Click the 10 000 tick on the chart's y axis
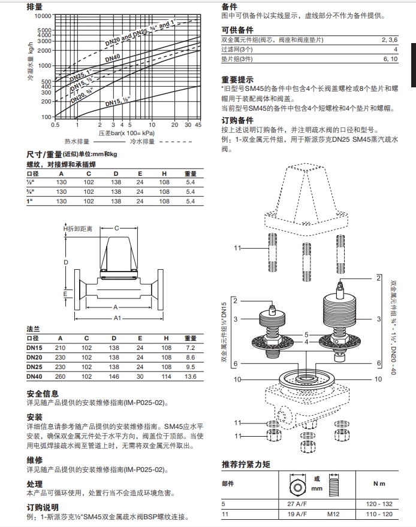[x=43, y=16]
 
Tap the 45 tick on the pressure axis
[x=198, y=124]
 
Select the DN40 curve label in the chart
[x=113, y=59]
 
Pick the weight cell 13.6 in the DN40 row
[x=191, y=376]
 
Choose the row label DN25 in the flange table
[x=34, y=367]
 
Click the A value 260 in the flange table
[x=61, y=376]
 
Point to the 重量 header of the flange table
[x=191, y=339]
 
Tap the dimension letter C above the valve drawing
[x=117, y=228]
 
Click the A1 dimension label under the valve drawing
[x=117, y=318]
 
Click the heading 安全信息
[x=43, y=394]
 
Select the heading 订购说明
[x=43, y=507]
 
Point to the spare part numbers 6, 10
[x=390, y=59]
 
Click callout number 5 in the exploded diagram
[x=306, y=334]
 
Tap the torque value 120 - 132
[x=379, y=504]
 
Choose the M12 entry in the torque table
[x=333, y=514]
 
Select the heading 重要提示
[x=237, y=79]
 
